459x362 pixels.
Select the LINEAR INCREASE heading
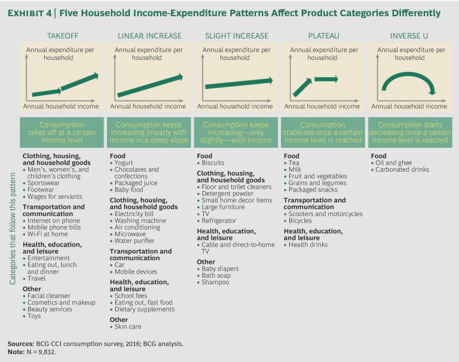149,36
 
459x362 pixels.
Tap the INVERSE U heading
409,36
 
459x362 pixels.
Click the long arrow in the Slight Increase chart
238,83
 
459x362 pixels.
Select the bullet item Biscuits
215,162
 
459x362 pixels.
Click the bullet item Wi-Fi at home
50,234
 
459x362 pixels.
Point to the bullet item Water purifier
134,241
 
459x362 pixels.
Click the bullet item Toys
34,316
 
